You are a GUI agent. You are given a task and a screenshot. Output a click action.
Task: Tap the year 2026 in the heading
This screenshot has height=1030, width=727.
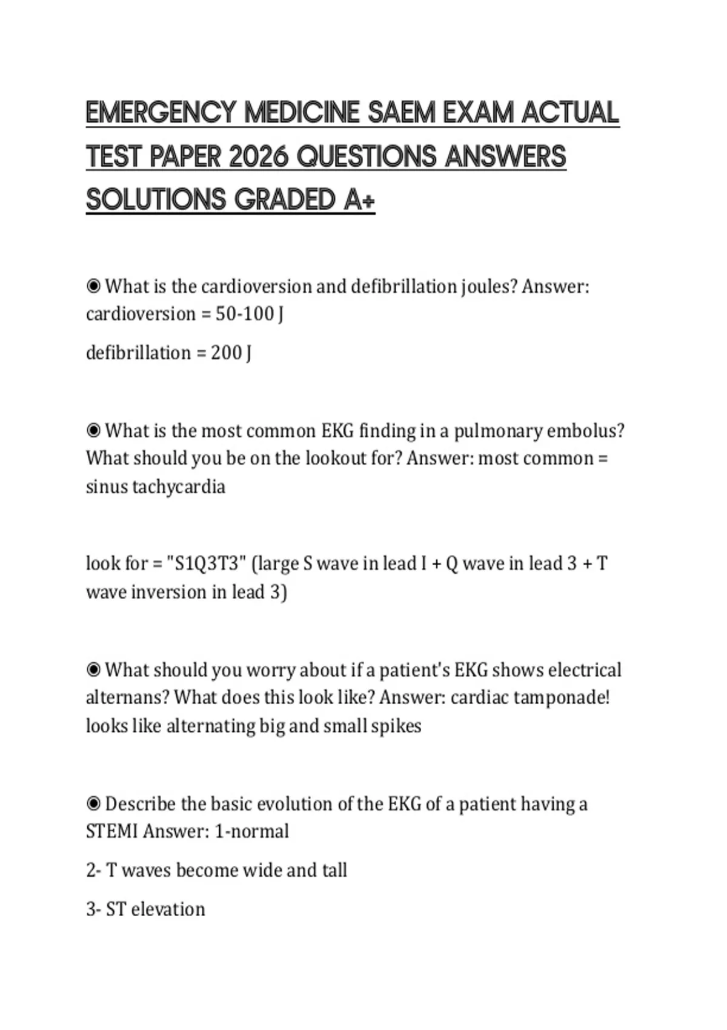[x=258, y=157]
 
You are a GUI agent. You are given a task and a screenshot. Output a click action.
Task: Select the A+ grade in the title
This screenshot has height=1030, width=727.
[x=359, y=200]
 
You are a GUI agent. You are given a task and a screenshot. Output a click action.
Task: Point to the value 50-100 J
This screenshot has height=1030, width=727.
[x=250, y=314]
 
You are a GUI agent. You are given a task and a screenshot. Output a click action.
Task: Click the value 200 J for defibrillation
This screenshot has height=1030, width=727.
[x=231, y=353]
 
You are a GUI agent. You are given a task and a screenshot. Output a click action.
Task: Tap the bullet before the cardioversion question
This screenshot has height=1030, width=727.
[x=93, y=286]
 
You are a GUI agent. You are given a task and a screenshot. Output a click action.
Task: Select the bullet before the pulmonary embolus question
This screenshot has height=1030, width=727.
[x=93, y=431]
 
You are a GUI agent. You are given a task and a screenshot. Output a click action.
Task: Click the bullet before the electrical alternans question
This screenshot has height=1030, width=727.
[x=93, y=670]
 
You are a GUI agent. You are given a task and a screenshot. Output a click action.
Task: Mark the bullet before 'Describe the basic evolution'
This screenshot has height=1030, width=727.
[x=93, y=804]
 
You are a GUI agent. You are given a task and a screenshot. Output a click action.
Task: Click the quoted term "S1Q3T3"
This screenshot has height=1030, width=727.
[x=206, y=563]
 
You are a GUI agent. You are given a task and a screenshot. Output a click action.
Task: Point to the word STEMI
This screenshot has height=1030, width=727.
[x=112, y=831]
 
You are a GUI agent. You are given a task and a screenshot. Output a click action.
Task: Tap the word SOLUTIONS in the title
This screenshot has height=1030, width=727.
[x=156, y=200]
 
